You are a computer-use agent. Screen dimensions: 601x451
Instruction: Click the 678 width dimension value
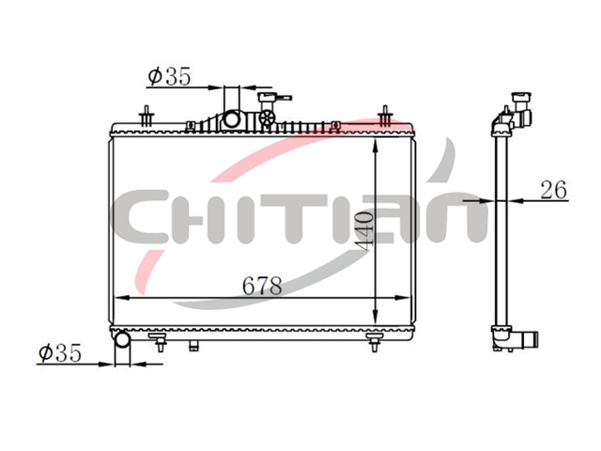point(263,286)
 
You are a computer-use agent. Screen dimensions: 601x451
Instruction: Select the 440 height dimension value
point(363,231)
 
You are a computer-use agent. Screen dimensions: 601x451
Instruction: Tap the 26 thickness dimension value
point(553,190)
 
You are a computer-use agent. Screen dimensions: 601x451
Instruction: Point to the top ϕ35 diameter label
point(169,76)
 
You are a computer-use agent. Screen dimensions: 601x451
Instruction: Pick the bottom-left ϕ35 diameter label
point(60,352)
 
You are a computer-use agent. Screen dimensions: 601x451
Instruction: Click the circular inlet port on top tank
point(232,119)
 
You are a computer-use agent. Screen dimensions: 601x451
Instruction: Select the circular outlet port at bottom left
point(123,340)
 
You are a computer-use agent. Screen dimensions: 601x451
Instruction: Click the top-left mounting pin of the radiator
point(146,116)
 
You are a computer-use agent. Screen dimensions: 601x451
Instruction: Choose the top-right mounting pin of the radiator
point(385,116)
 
